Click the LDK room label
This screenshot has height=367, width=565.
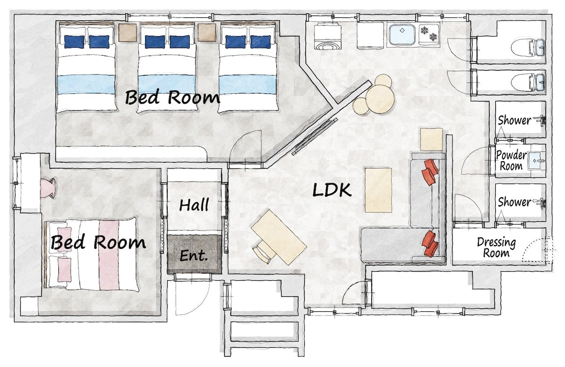(331, 190)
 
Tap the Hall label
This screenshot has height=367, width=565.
(194, 205)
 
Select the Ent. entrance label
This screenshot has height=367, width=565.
(194, 256)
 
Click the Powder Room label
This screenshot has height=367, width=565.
(511, 160)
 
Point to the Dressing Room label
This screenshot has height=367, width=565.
(496, 247)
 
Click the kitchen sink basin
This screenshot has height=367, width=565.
(402, 34)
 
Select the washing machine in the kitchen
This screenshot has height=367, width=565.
(327, 36)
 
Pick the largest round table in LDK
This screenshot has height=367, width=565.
(380, 100)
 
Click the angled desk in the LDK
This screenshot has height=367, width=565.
(279, 237)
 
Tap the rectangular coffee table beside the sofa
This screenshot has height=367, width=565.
(379, 190)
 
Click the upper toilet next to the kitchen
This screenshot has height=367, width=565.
(528, 47)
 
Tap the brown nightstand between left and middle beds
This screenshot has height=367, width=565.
(128, 33)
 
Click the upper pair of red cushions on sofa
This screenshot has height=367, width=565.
(430, 172)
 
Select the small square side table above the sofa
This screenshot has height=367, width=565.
(432, 139)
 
